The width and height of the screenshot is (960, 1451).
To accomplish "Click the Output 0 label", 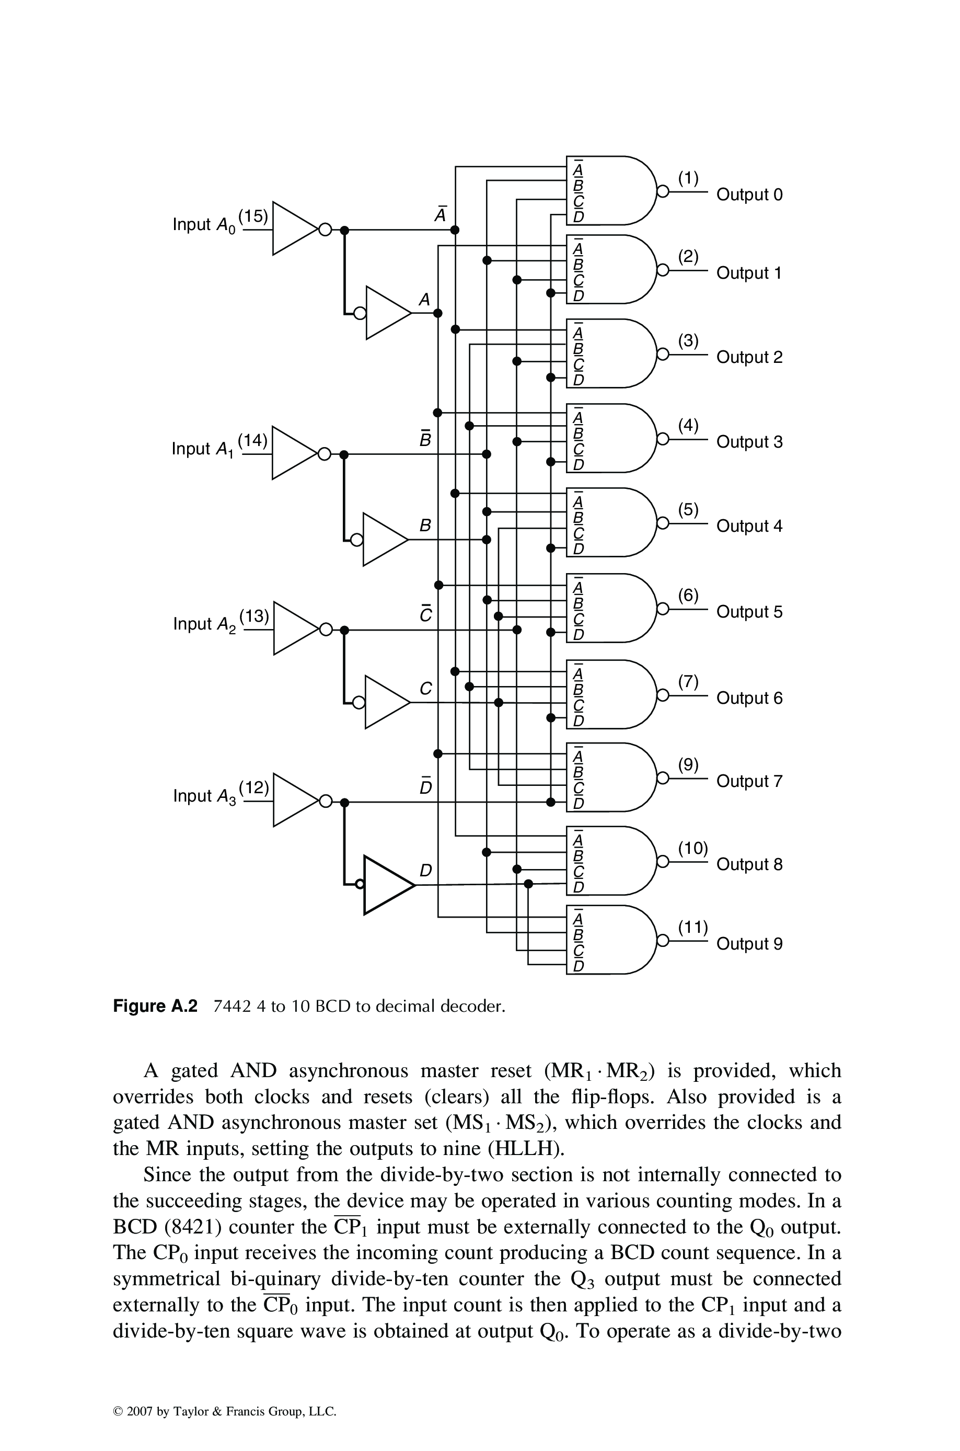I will pyautogui.click(x=749, y=195).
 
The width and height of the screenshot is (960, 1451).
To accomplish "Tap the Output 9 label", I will pyautogui.click(x=749, y=944).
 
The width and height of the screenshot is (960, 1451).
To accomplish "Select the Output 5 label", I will pyautogui.click(x=749, y=612).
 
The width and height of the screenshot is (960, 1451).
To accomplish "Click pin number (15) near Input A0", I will pyautogui.click(x=253, y=215).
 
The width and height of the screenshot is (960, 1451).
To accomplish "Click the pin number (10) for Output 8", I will pyautogui.click(x=692, y=848).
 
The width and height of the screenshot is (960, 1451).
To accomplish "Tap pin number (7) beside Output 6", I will pyautogui.click(x=688, y=682).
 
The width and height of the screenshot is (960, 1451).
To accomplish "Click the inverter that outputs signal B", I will pyautogui.click(x=384, y=539).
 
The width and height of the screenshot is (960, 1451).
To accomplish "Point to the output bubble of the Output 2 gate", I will pyautogui.click(x=661, y=354).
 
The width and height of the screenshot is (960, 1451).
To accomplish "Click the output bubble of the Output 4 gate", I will pyautogui.click(x=661, y=523).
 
